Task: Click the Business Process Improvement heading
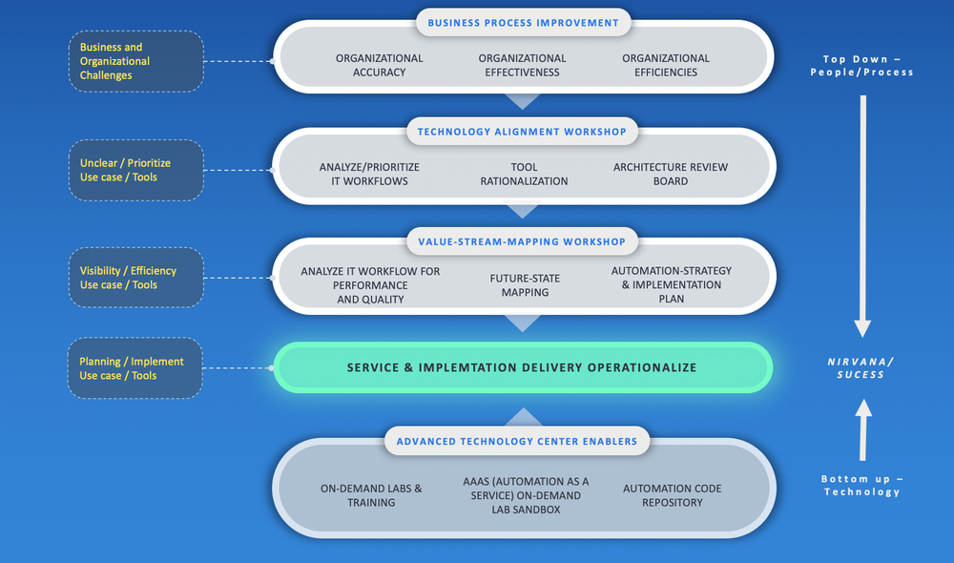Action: (x=522, y=23)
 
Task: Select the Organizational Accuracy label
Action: (x=379, y=65)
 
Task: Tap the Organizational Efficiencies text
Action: (x=665, y=65)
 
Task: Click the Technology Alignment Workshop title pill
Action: (x=522, y=132)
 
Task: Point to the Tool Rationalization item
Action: (x=524, y=174)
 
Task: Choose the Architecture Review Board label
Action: (x=670, y=174)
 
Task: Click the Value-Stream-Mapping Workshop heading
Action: (x=522, y=241)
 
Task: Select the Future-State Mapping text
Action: (x=525, y=285)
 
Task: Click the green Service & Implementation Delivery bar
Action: (x=522, y=367)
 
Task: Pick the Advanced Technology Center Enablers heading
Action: (x=522, y=442)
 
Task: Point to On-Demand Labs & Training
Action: (x=371, y=495)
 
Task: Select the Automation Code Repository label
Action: (x=672, y=495)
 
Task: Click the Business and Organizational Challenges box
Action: (x=135, y=61)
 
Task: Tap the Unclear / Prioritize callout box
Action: (x=135, y=171)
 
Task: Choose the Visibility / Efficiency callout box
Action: (x=135, y=278)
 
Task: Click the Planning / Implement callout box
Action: (x=135, y=368)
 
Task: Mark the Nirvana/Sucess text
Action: (x=861, y=367)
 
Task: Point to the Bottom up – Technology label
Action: (x=861, y=485)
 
